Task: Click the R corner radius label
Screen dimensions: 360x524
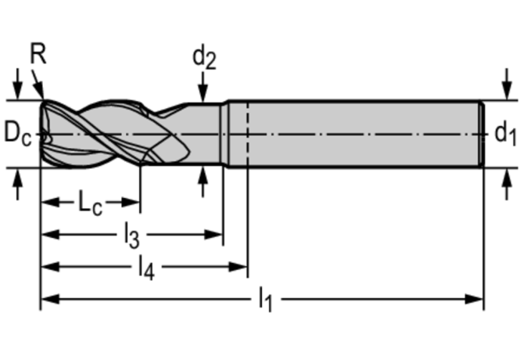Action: point(38,53)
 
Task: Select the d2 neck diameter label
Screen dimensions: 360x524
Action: point(204,56)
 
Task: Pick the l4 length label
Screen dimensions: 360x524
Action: point(145,268)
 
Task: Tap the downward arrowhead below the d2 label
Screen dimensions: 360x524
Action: point(203,93)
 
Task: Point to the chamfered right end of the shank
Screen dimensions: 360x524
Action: point(479,133)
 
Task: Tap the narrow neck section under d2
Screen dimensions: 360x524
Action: point(205,133)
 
